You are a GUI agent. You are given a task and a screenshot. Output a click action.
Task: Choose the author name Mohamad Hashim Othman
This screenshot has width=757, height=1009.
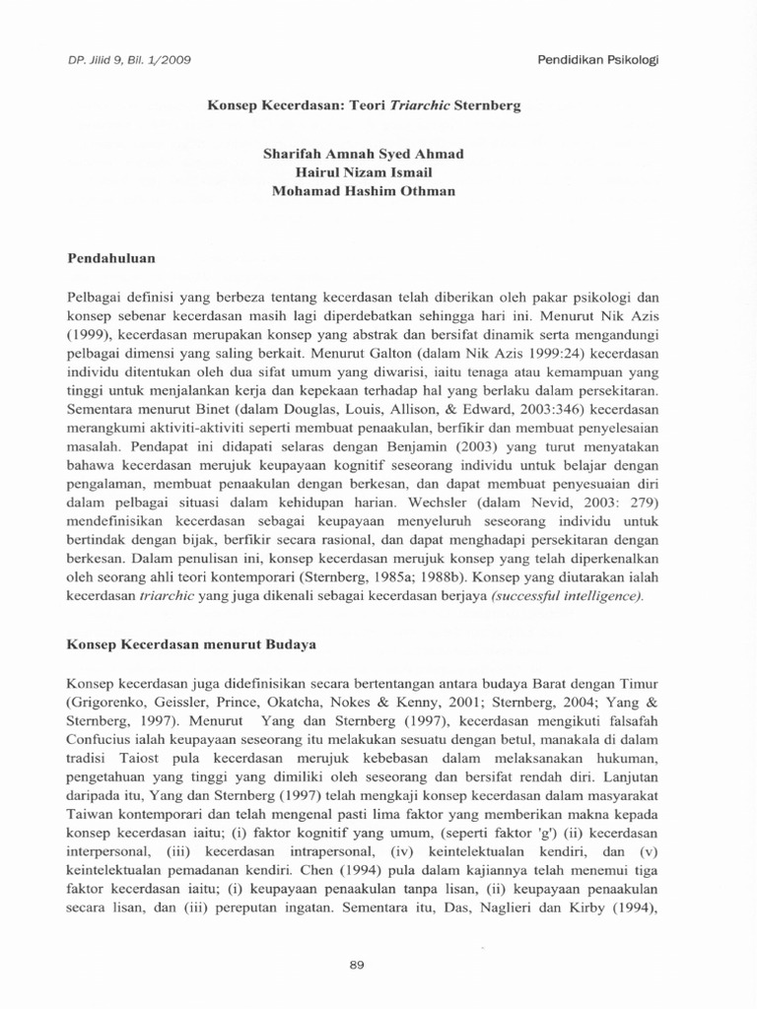(363, 190)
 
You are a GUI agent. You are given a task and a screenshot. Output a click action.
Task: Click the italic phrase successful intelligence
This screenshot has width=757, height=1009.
(562, 598)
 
